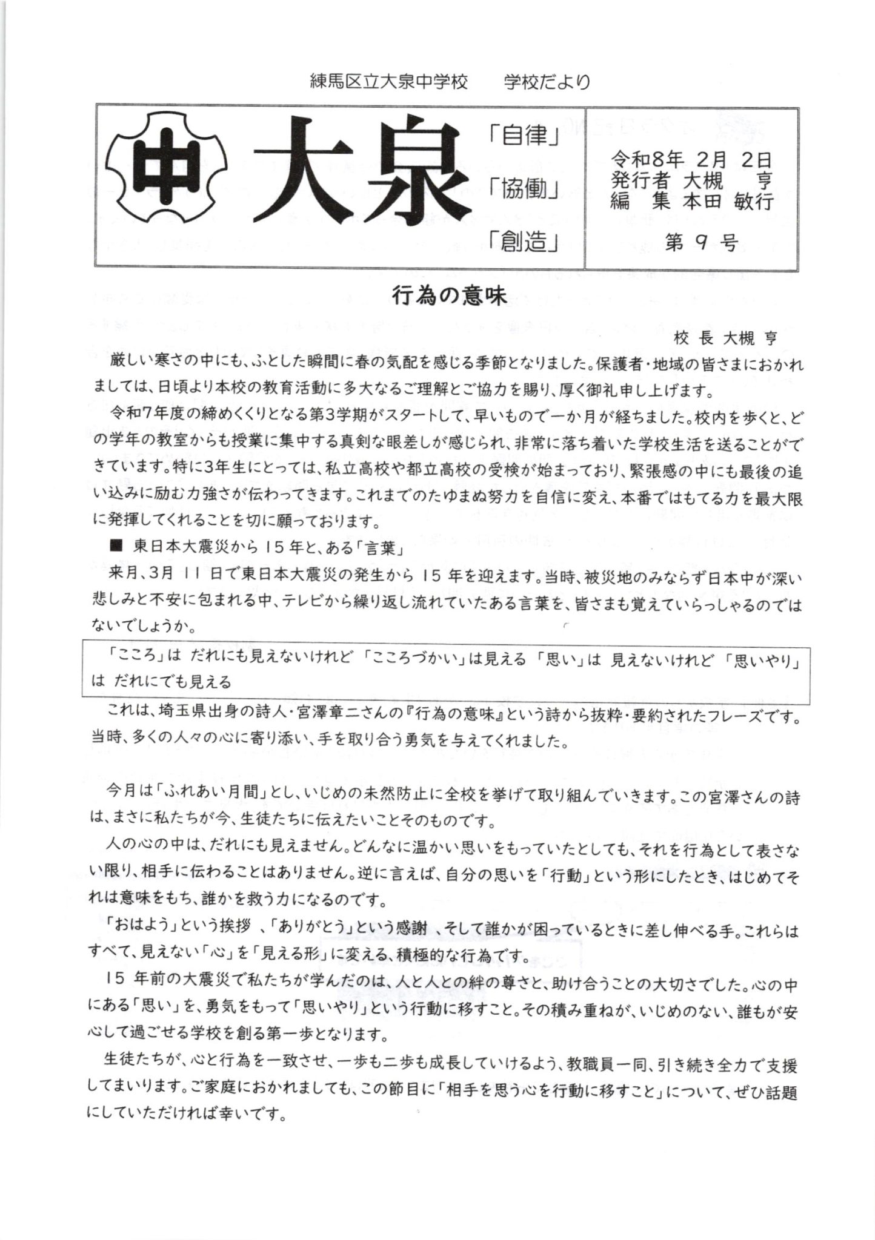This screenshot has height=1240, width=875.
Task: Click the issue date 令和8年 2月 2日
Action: coord(691,160)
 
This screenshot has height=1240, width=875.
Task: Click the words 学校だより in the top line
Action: coord(547,82)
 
